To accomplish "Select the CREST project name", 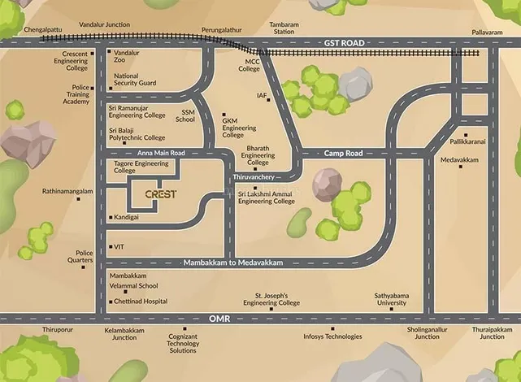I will point(160,194).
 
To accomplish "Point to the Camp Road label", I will point(342,153).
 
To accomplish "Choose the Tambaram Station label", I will point(284,28).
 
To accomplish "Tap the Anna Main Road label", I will point(161,153).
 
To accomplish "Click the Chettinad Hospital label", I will point(141,301).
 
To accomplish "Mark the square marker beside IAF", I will point(271,96).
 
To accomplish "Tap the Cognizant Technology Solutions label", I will point(183,343).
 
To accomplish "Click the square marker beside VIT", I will point(109,246).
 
